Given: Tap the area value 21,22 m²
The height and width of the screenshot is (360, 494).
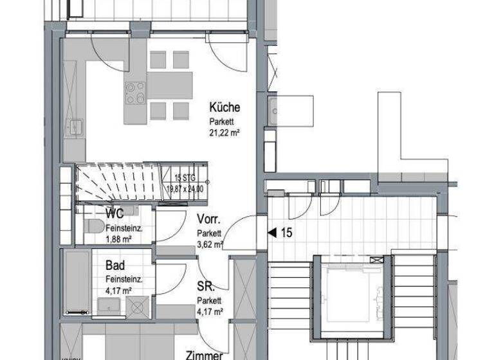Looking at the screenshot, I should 224,134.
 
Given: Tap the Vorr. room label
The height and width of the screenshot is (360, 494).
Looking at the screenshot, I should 210,220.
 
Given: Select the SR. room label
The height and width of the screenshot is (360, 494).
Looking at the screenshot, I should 206,287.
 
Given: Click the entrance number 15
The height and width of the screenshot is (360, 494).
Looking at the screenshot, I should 286,233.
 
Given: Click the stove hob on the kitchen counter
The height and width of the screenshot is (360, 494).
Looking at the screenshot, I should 135,93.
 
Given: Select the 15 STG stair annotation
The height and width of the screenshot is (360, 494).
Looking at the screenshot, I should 185,178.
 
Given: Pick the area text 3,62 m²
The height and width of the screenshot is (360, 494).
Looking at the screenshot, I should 210,245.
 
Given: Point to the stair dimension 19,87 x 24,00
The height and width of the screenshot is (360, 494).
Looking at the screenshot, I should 185,188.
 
